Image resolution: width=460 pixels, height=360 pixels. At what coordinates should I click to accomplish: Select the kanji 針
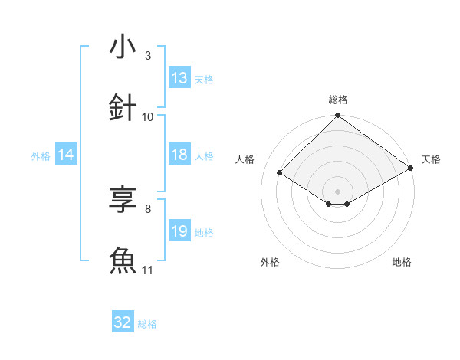point(123,107)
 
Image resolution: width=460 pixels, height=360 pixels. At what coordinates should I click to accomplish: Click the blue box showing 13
point(179,78)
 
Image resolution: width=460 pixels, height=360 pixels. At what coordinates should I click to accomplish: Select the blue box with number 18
point(179,155)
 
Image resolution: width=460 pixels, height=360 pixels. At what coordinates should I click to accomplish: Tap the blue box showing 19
point(179,231)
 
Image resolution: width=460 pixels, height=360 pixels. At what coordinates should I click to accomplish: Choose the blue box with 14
point(66,155)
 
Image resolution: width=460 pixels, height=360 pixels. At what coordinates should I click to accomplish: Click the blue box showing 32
point(122,323)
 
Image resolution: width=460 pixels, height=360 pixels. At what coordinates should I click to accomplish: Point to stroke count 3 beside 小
point(148,55)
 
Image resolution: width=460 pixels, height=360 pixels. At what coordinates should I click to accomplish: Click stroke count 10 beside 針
point(148,116)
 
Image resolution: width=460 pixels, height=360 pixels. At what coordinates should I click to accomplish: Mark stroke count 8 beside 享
point(148,208)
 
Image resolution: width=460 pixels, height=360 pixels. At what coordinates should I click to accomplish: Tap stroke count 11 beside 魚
point(148,270)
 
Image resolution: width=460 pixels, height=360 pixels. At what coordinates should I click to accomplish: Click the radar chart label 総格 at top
point(338,100)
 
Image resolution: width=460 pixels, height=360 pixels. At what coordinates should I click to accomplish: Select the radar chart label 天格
point(431,159)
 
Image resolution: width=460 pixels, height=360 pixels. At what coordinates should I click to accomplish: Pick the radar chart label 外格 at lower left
point(270,262)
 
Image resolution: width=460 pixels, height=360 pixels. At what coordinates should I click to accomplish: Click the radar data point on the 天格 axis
point(411,169)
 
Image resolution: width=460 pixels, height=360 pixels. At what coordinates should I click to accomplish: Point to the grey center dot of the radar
point(338,191)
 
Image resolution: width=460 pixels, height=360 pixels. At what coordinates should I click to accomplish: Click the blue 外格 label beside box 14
point(41,155)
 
